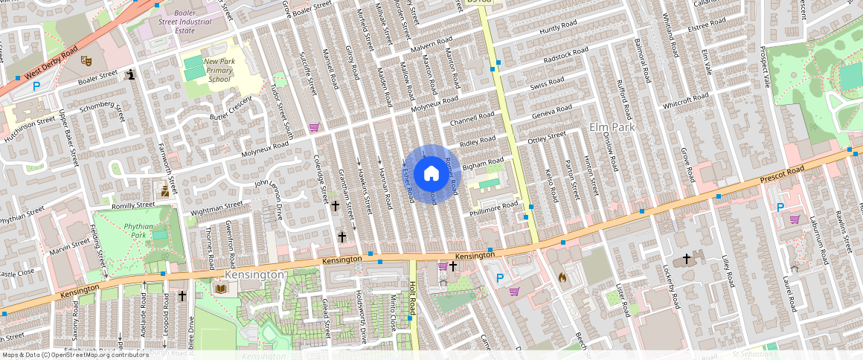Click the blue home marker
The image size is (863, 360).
click(x=431, y=174)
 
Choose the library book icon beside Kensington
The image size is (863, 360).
click(x=220, y=288)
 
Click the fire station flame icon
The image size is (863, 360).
click(x=563, y=277)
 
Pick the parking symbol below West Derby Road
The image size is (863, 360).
click(x=36, y=86)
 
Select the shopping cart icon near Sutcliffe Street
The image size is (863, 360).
click(x=314, y=127)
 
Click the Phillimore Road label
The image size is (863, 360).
click(x=493, y=209)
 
